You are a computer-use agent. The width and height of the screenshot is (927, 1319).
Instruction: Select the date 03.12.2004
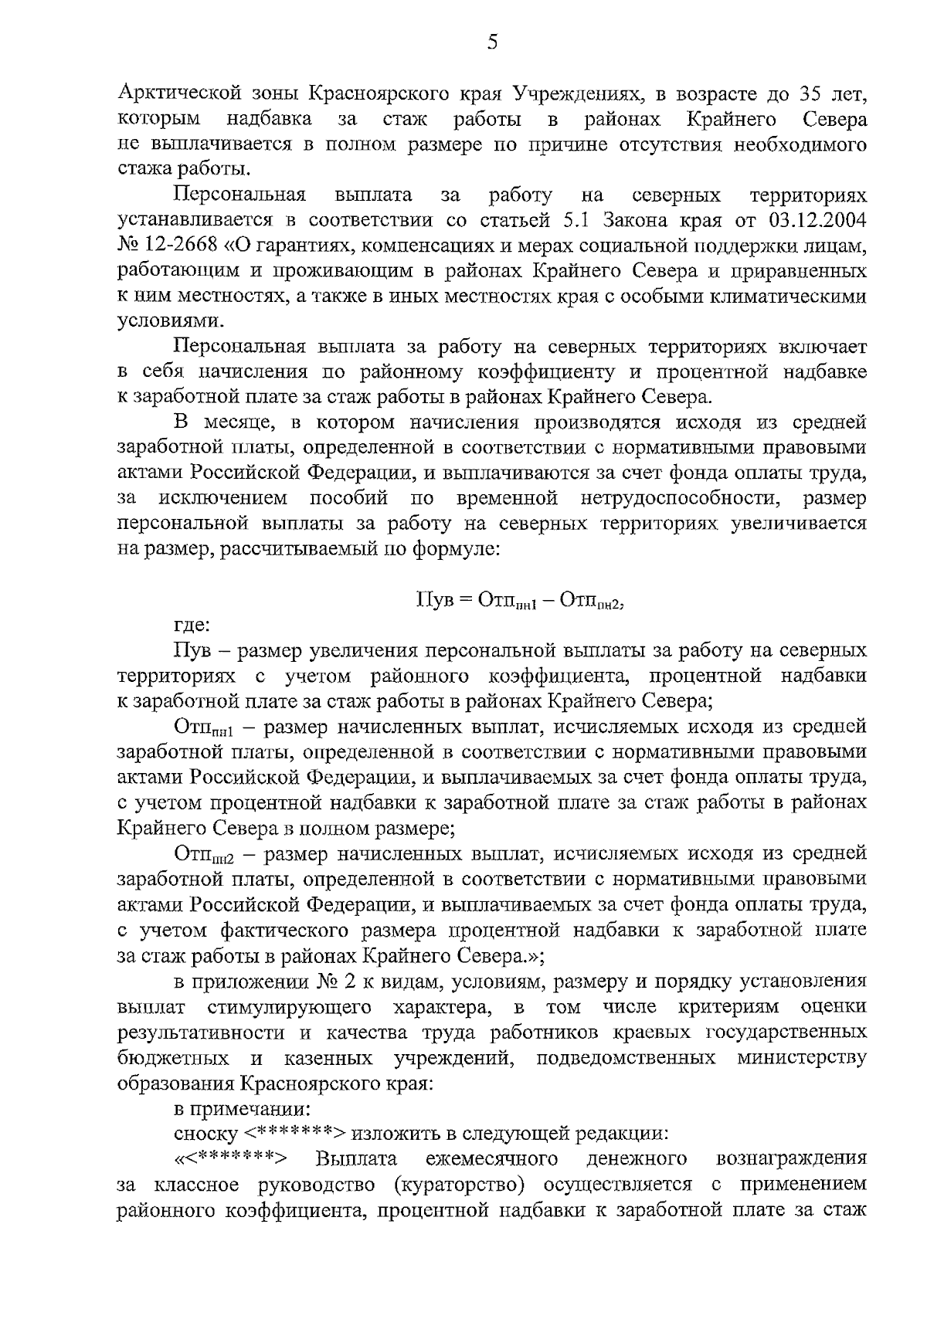[x=818, y=220]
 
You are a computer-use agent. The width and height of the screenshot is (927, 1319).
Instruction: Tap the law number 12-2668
[x=178, y=246]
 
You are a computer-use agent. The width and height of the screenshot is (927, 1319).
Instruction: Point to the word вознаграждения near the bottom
[x=792, y=1160]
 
